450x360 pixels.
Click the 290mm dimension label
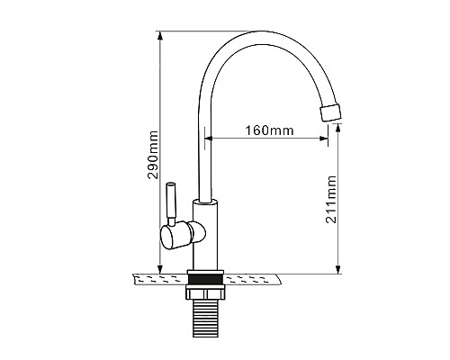153,155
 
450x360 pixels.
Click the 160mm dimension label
269,130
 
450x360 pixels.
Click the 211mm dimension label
331,199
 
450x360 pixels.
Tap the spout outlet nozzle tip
331,112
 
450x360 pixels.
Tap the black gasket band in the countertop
205,279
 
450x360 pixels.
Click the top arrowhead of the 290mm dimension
160,35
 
